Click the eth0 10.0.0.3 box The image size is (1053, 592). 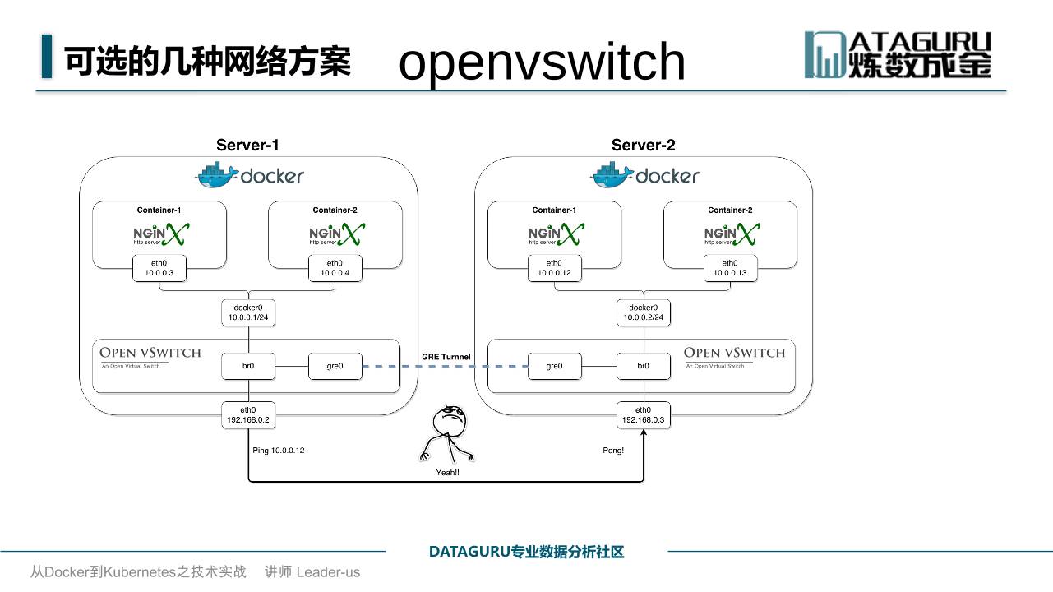pyautogui.click(x=159, y=268)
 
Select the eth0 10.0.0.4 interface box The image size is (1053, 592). pyautogui.click(x=335, y=268)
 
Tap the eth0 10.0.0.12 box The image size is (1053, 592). pyautogui.click(x=555, y=268)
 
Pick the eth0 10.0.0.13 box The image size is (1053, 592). pyautogui.click(x=730, y=268)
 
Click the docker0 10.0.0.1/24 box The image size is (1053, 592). pyautogui.click(x=247, y=312)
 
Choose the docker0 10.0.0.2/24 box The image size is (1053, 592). pyautogui.click(x=643, y=312)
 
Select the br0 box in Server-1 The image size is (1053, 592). pyautogui.click(x=247, y=366)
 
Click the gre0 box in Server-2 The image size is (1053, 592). pyautogui.click(x=554, y=366)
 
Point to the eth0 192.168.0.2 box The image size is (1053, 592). pyautogui.click(x=248, y=414)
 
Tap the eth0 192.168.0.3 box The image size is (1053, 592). pyautogui.click(x=644, y=414)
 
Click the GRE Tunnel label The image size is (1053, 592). pyautogui.click(x=446, y=357)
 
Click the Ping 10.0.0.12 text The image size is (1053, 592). pyautogui.click(x=279, y=451)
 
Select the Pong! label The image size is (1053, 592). pyautogui.click(x=613, y=451)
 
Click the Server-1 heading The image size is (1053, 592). pyautogui.click(x=247, y=146)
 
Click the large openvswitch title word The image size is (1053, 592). pyautogui.click(x=542, y=62)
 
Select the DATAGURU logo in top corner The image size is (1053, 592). pyautogui.click(x=898, y=55)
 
